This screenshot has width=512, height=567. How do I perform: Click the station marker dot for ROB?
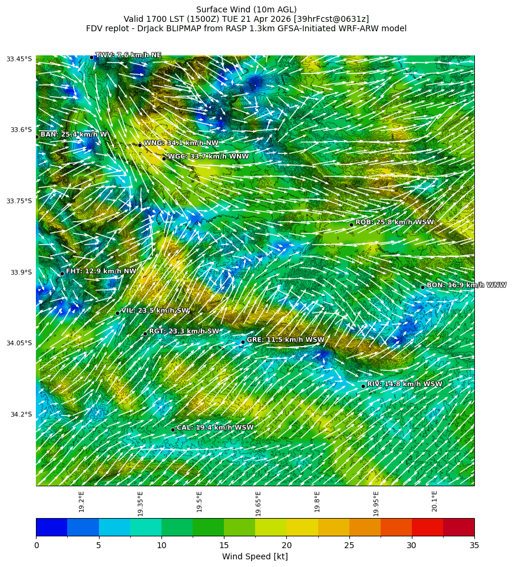[351, 225]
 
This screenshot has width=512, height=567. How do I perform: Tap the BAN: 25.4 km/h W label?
[74, 135]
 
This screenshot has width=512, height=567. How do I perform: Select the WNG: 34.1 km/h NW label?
[181, 143]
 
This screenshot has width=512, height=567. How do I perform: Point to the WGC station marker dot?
[164, 158]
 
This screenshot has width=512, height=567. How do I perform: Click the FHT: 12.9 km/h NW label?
[101, 272]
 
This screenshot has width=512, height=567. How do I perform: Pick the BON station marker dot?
[422, 287]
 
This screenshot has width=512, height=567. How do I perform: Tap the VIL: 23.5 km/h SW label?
[155, 311]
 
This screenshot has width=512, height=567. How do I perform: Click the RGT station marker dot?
[145, 334]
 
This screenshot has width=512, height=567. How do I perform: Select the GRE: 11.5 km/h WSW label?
[285, 340]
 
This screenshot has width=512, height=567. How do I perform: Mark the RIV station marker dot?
[363, 386]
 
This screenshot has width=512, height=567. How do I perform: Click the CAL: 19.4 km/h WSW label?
[215, 428]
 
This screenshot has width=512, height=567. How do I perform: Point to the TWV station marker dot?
[91, 57]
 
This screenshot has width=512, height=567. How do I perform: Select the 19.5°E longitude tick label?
[199, 502]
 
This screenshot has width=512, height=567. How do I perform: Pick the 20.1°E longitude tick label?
[434, 502]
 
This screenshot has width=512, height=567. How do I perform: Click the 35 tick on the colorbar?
[474, 545]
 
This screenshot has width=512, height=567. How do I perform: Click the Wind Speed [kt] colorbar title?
[255, 556]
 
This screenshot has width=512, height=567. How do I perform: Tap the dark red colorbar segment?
[458, 527]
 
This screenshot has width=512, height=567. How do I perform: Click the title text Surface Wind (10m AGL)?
[246, 9]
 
